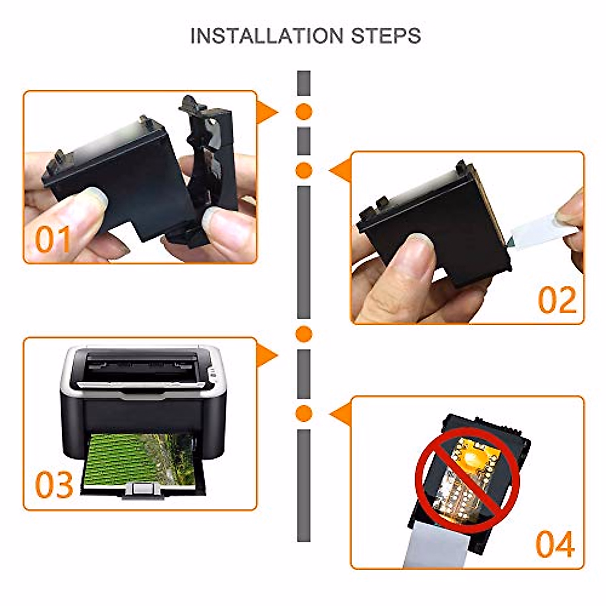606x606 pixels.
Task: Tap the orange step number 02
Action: pyautogui.click(x=557, y=300)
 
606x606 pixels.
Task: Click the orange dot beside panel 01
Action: pyautogui.click(x=304, y=111)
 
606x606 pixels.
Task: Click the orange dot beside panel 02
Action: pyautogui.click(x=304, y=171)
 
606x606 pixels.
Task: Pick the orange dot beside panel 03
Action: pyautogui.click(x=304, y=334)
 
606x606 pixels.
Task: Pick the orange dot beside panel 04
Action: pyautogui.click(x=304, y=413)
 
